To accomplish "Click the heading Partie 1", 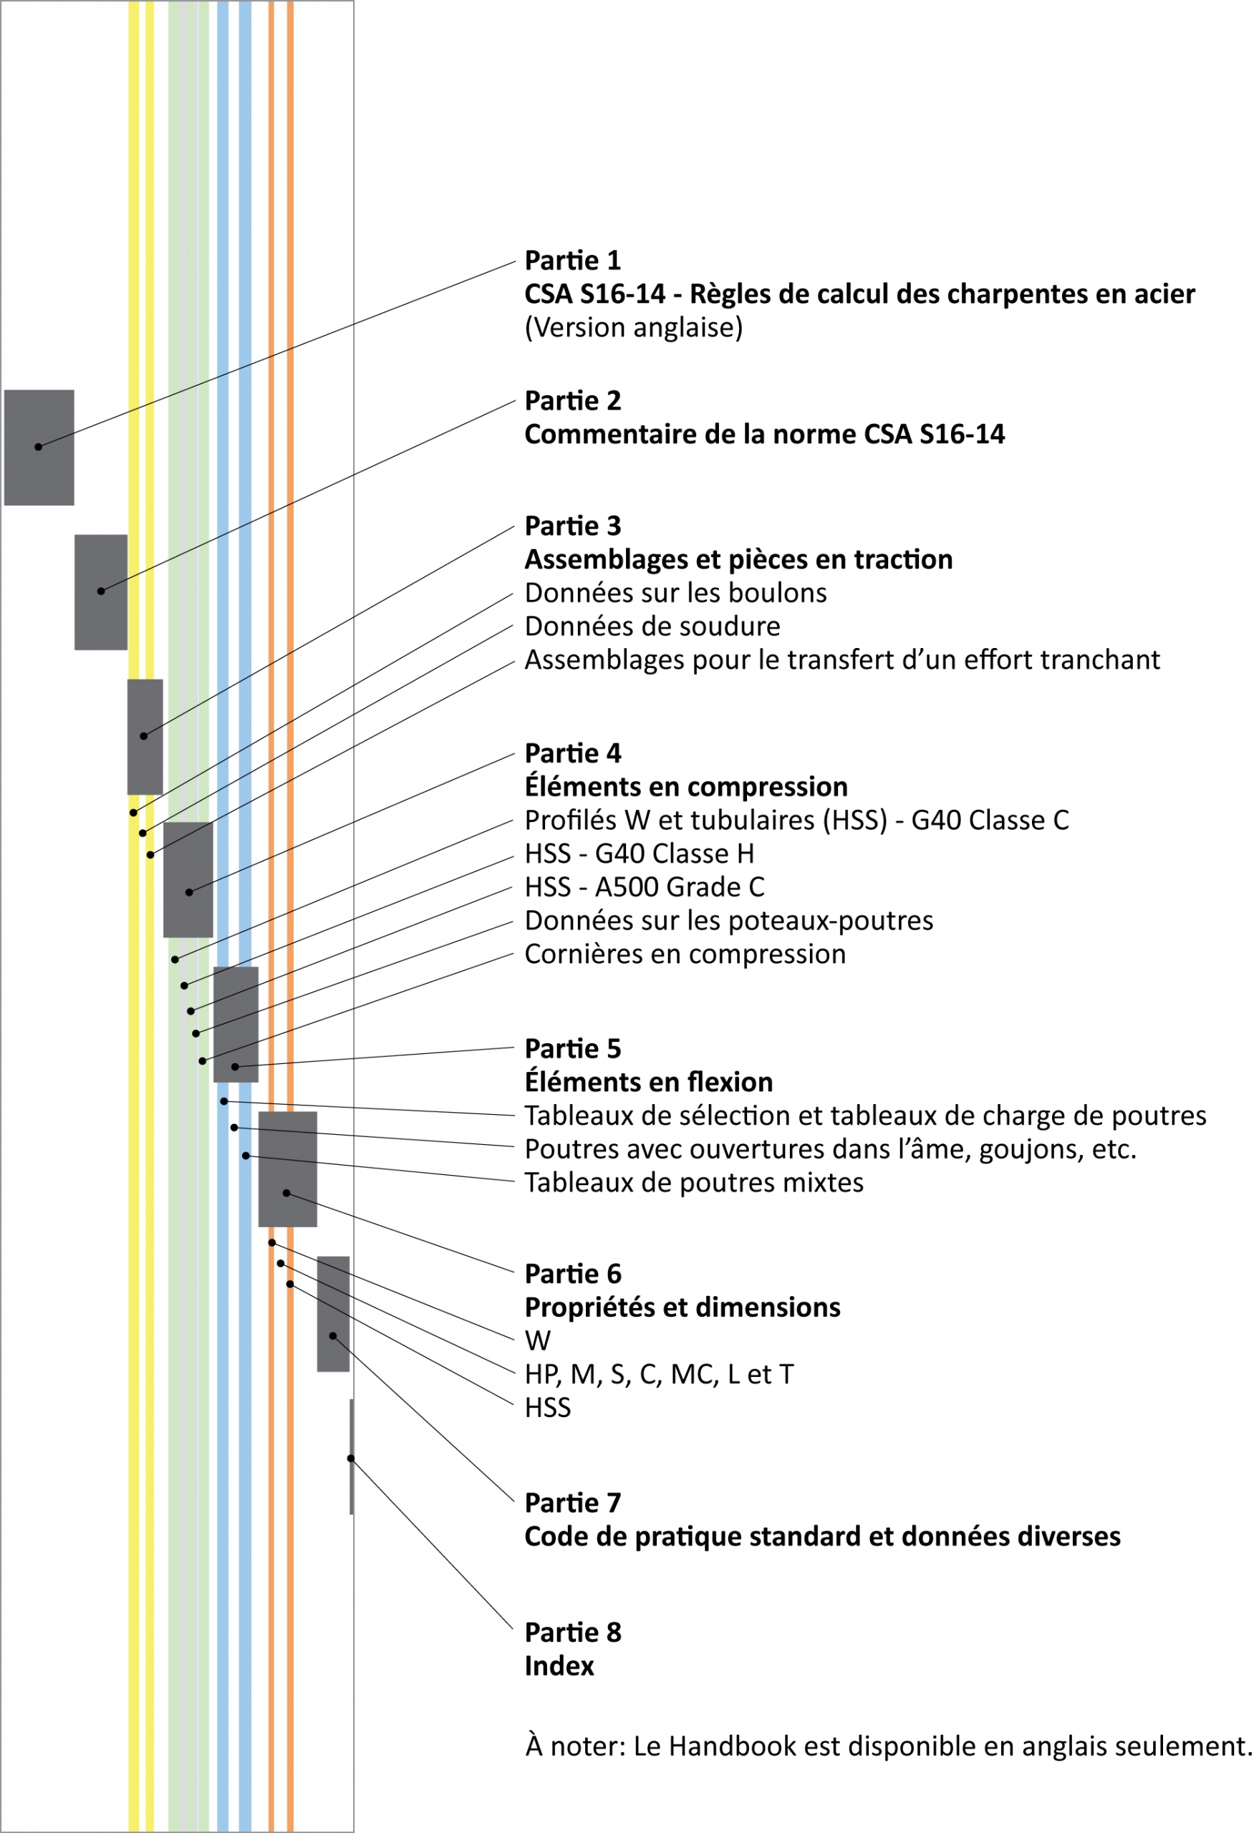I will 573,261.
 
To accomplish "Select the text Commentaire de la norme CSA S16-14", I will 764,435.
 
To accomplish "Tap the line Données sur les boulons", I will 675,593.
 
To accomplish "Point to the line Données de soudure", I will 652,627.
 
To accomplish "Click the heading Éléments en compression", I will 685,786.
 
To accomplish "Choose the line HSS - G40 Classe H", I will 639,853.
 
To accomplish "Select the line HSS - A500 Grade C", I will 645,887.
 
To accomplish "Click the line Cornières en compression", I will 685,954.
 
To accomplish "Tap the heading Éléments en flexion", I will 648,1082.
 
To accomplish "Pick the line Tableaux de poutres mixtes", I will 693,1183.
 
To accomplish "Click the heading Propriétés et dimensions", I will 683,1307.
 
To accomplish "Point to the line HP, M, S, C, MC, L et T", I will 659,1375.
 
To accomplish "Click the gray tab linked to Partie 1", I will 39,448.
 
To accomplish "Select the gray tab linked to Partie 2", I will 101,592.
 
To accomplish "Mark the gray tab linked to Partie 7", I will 333,1314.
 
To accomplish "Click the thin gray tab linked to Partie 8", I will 351,1458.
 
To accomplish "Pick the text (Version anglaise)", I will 633,327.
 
